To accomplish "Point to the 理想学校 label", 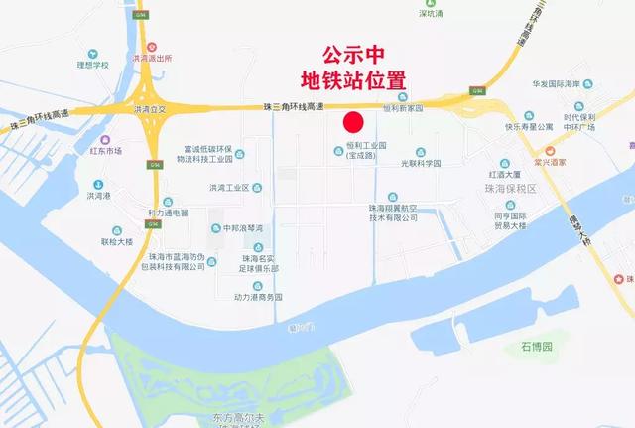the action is [89, 65].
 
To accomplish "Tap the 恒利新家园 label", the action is [403, 108].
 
